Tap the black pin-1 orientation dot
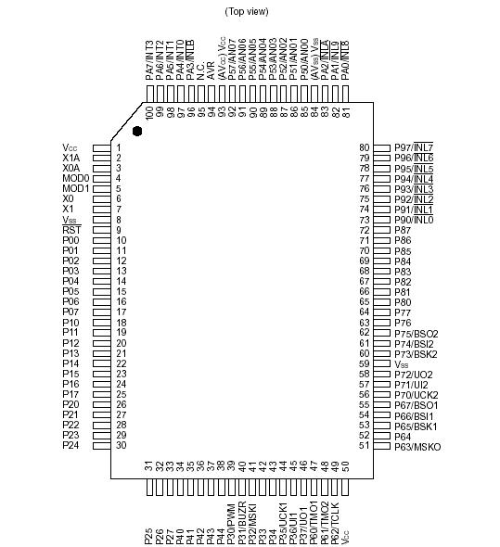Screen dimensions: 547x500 click(x=138, y=132)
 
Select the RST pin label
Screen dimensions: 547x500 click(x=71, y=230)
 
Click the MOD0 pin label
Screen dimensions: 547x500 click(x=75, y=178)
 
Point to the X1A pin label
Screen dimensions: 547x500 click(x=72, y=158)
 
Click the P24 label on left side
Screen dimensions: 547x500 click(x=71, y=446)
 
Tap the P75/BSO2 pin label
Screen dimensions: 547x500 click(x=416, y=333)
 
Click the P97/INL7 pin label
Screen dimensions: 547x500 click(x=414, y=147)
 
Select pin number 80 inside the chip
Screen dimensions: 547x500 click(x=364, y=147)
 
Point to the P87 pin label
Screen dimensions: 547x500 click(x=403, y=230)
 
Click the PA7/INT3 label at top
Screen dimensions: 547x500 click(x=148, y=59)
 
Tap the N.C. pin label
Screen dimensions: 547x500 click(x=200, y=69)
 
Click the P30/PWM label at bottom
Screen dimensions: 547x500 click(x=231, y=524)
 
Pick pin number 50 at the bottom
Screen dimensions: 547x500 click(x=345, y=465)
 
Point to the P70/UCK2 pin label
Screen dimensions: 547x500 click(x=416, y=395)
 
